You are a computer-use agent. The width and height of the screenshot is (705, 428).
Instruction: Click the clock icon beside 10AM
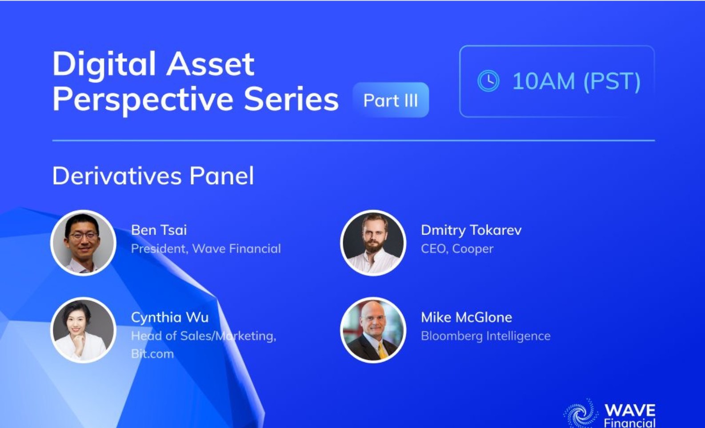coord(488,81)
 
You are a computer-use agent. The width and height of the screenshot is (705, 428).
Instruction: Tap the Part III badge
coord(391,100)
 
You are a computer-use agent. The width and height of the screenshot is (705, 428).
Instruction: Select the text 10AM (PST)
coord(576,81)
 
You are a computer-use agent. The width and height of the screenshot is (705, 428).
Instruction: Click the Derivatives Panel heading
coord(153,176)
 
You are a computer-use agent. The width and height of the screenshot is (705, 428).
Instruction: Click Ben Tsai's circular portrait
coord(84,243)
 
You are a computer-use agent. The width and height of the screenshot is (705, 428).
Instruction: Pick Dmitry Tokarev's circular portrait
coord(373,243)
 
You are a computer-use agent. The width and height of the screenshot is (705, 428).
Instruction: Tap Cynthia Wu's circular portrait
coord(84,330)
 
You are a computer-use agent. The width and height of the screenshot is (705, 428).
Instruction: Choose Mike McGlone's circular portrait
coord(373,330)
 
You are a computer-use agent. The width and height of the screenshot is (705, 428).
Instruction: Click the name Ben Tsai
coord(159,230)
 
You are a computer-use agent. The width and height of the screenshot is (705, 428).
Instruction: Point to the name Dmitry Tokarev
coord(471,230)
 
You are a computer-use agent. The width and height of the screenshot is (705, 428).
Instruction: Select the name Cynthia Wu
coord(170,318)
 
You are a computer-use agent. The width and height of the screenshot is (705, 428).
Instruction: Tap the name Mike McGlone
coord(466,317)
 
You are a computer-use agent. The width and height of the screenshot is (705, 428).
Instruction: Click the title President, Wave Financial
coord(206,249)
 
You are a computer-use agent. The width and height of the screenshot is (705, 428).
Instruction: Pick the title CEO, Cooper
coord(457,249)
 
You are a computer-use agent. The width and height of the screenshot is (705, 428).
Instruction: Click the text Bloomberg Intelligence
coord(485,336)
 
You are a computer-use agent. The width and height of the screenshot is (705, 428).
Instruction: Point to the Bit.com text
coord(152,354)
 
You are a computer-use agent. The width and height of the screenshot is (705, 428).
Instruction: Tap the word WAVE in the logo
coord(630,410)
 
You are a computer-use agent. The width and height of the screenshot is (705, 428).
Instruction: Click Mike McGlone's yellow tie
coord(382,351)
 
